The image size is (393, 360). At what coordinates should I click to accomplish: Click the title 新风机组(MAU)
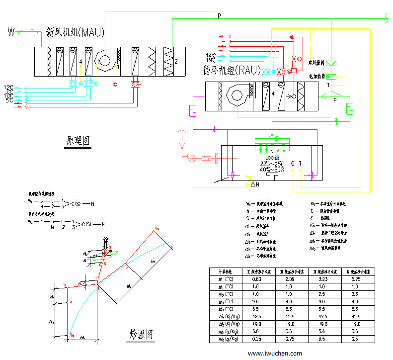[x=75, y=33]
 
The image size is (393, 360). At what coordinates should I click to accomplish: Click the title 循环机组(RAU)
[x=232, y=70]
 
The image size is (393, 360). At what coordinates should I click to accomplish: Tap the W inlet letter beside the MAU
[x=11, y=33]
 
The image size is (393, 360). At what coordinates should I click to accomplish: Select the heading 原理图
[x=79, y=141]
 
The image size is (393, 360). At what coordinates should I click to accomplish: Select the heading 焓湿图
[x=141, y=333]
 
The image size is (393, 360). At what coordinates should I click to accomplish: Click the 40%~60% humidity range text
[x=272, y=170]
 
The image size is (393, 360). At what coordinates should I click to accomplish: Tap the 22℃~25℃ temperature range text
[x=272, y=164]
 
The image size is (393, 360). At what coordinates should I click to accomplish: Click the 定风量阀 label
[x=316, y=63]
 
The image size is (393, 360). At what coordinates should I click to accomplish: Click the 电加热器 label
[x=316, y=77]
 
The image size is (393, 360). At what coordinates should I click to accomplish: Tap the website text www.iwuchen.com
[x=274, y=354]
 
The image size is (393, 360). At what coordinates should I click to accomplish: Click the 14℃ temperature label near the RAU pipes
[x=211, y=55]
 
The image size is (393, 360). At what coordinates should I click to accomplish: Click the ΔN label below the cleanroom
[x=255, y=184]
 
